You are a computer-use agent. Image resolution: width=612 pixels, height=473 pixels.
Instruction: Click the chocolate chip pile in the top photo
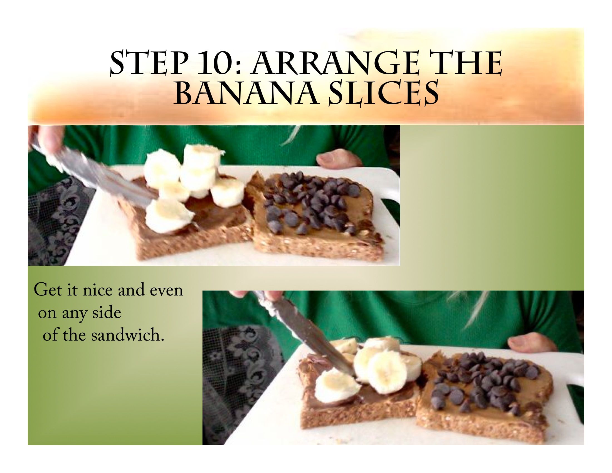click(x=311, y=202)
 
